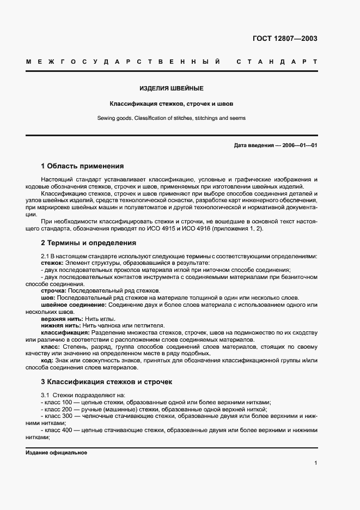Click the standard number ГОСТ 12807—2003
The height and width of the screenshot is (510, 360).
285,38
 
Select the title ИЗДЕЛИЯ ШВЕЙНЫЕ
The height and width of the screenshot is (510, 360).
172,88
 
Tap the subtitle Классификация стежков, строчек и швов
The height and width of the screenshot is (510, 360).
172,103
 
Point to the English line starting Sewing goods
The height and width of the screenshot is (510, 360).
172,118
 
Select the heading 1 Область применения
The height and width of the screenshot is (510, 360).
82,166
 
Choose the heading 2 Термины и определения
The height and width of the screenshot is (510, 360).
88,243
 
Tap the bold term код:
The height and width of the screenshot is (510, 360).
47,360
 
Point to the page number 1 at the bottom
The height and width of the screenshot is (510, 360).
315,463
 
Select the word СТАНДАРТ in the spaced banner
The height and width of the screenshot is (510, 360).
277,63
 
